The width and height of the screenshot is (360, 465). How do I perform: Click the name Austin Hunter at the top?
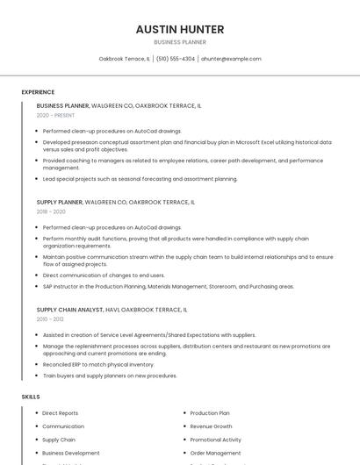point(180,29)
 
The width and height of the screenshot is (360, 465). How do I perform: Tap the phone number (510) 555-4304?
point(176,59)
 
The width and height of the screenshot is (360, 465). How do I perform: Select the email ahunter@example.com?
point(231,59)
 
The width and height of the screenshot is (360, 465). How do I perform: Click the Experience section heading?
point(38,92)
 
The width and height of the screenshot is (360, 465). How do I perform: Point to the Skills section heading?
point(31,397)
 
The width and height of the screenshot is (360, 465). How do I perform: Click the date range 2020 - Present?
point(55,115)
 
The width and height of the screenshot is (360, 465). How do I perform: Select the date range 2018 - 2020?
point(51,211)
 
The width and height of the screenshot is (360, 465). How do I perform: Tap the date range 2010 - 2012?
point(50,318)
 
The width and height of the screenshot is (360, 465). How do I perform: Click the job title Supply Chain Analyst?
point(69,309)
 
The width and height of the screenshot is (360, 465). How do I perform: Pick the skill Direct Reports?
point(60,412)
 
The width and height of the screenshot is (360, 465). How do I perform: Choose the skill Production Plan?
point(210,412)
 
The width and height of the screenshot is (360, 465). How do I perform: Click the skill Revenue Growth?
point(211,426)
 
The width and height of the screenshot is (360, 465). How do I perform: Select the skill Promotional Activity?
point(215,440)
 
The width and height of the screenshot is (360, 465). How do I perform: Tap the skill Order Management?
point(214,453)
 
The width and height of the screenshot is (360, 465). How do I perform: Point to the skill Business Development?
point(71,453)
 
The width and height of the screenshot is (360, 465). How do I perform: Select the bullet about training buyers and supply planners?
point(110,376)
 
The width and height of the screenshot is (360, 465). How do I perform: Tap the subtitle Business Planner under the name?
point(180,42)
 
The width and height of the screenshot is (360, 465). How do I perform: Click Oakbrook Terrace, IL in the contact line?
point(124,59)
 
